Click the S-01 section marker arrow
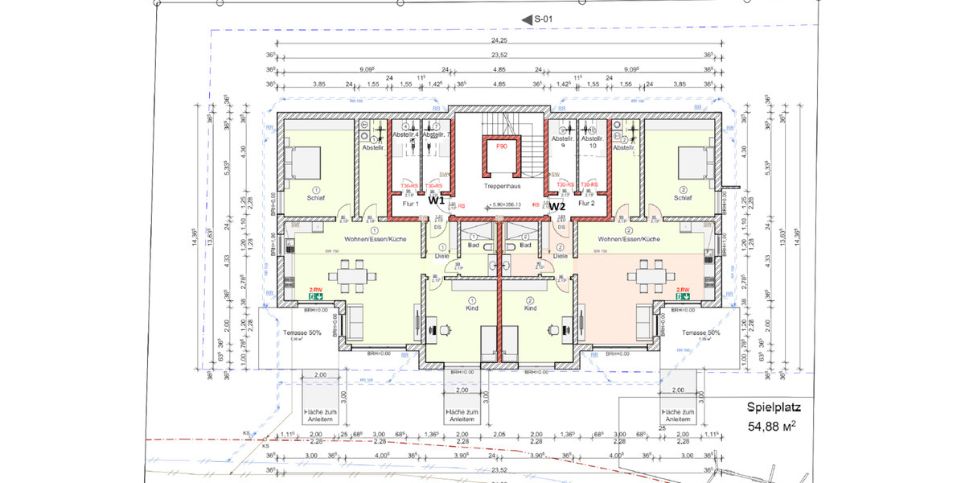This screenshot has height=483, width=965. click(528, 19)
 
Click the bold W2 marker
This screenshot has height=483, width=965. click(557, 206)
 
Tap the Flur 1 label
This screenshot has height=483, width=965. click(412, 204)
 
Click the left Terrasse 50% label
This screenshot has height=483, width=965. click(303, 332)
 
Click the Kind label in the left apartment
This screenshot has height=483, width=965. click(472, 308)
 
